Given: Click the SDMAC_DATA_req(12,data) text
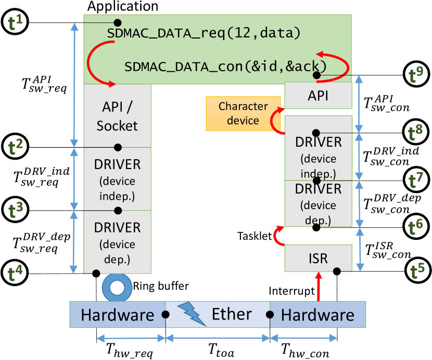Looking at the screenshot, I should (x=204, y=34).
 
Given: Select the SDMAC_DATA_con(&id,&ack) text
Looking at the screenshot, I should (x=225, y=67).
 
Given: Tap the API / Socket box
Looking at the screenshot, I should (x=117, y=115).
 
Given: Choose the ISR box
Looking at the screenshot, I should (x=318, y=258).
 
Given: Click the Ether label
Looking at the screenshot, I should (x=232, y=314).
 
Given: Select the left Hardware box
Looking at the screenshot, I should (x=118, y=315).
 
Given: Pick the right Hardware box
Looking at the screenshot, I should (x=317, y=315).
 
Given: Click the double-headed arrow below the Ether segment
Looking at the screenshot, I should (x=218, y=339).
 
